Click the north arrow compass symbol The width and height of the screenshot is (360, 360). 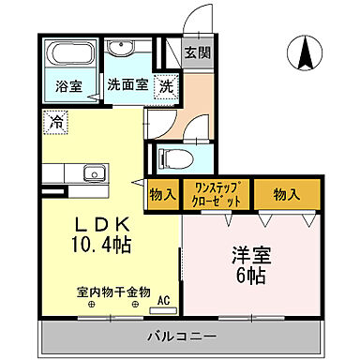pyautogui.click(x=306, y=53)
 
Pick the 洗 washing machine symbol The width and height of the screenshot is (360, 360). pyautogui.click(x=166, y=84)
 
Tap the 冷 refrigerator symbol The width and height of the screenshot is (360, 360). pyautogui.click(x=53, y=121)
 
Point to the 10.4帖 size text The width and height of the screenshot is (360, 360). pyautogui.click(x=97, y=248)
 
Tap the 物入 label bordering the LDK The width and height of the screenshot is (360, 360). pyautogui.click(x=160, y=196)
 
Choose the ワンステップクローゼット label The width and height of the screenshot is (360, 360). pyautogui.click(x=216, y=196)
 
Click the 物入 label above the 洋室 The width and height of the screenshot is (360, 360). pyautogui.click(x=285, y=195)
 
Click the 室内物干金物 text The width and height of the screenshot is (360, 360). pyautogui.click(x=113, y=292)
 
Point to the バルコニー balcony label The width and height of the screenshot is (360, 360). pyautogui.click(x=182, y=337)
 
